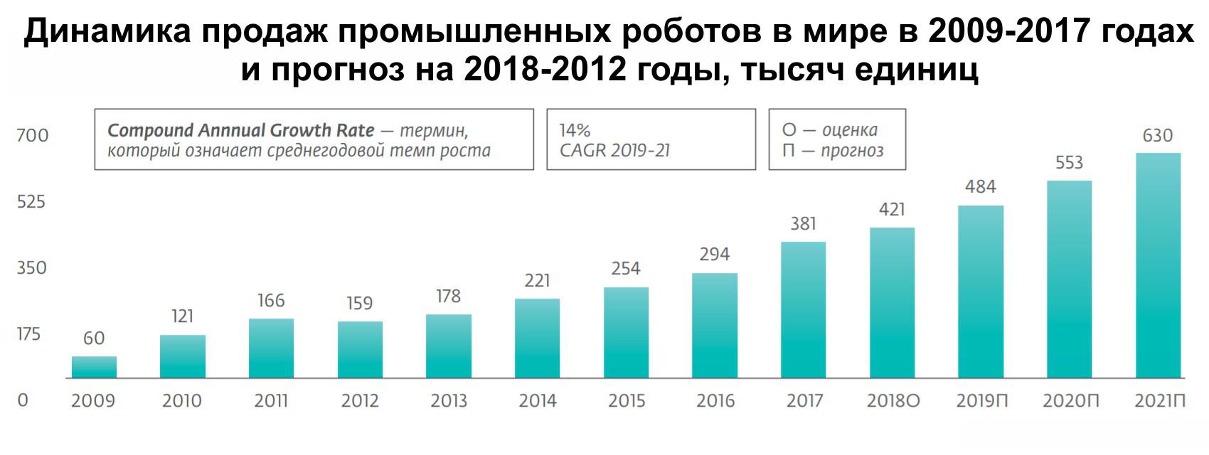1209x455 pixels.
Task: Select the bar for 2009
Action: click(x=94, y=367)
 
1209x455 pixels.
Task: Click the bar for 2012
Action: click(x=360, y=350)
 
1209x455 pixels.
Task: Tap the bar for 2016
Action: click(x=715, y=326)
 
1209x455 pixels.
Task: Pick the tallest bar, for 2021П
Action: click(x=1158, y=265)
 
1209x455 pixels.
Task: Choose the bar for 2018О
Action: click(x=892, y=303)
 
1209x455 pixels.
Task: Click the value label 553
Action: click(x=1069, y=163)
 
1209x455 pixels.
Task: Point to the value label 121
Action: click(x=183, y=316)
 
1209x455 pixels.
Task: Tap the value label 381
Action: click(x=803, y=224)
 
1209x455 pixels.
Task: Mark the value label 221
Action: click(x=537, y=281)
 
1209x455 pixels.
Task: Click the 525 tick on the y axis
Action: click(x=31, y=202)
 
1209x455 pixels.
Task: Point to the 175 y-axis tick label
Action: click(x=28, y=334)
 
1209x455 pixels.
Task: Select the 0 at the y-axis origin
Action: click(x=23, y=400)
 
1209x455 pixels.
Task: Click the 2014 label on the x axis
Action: click(x=537, y=401)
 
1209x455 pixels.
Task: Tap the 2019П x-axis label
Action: click(x=981, y=401)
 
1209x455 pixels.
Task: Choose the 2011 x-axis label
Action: click(x=271, y=401)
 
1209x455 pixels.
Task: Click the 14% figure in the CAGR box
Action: click(x=575, y=131)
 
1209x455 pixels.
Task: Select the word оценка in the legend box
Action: click(x=849, y=130)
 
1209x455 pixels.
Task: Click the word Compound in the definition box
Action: click(x=150, y=131)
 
